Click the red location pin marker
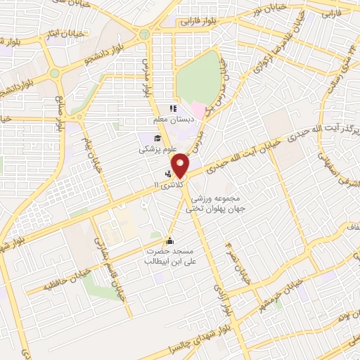181,165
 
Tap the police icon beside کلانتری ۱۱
167,174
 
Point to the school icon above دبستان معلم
171,108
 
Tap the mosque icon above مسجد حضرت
168,240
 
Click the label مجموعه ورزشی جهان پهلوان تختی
210,202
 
